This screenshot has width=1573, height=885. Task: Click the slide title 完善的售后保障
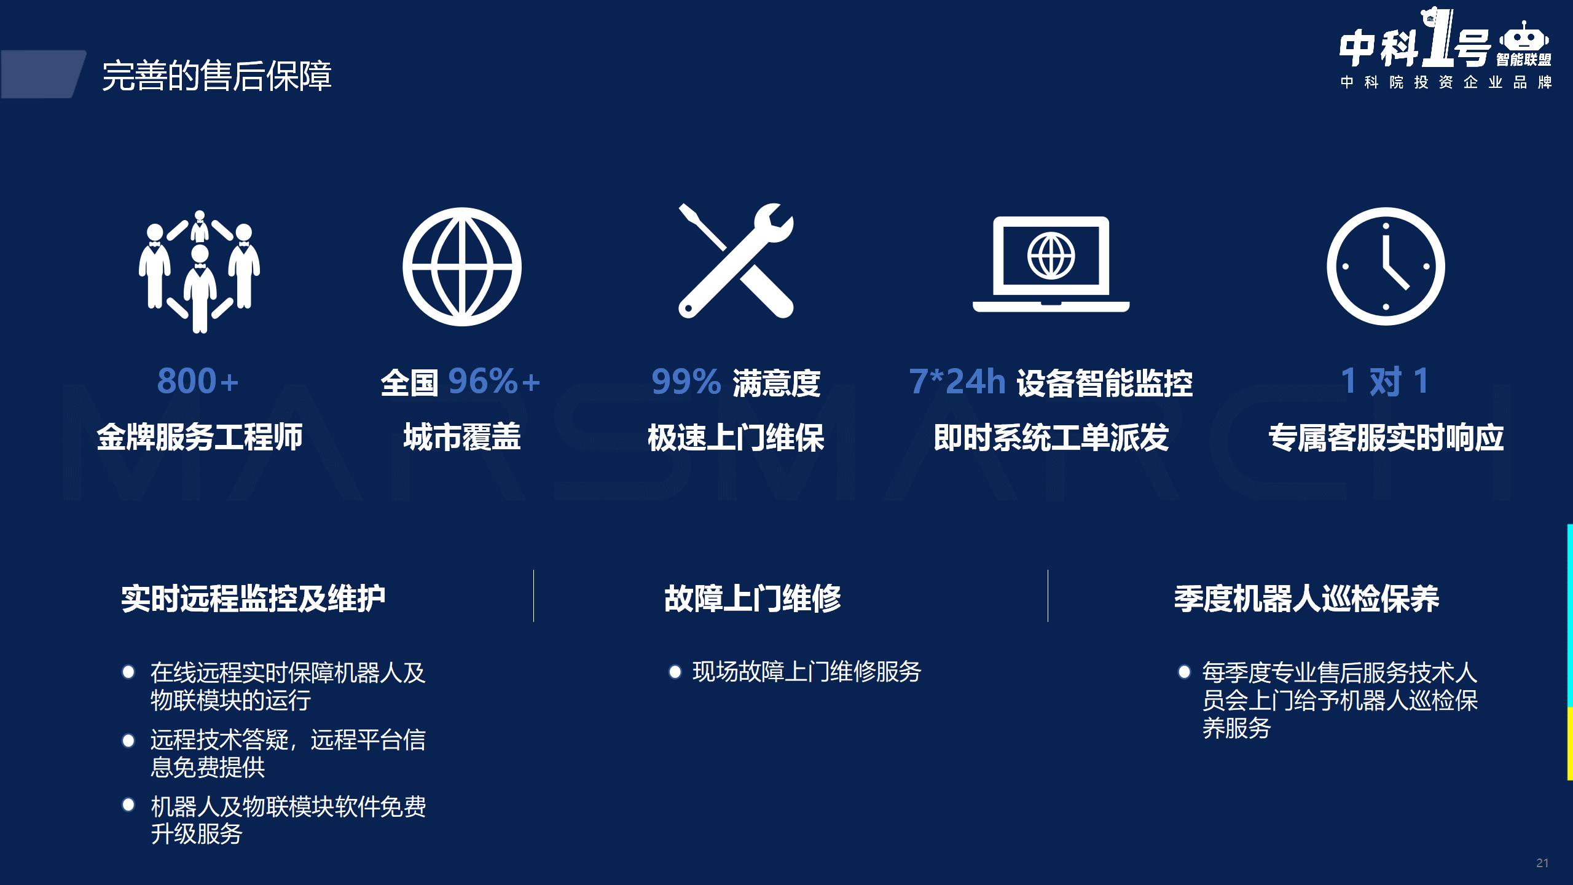[217, 76]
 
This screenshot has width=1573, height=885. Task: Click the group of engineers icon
[199, 271]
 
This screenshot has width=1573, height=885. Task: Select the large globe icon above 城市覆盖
[462, 267]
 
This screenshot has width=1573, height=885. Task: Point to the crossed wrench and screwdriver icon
[736, 261]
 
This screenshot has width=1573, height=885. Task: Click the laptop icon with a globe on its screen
[1051, 264]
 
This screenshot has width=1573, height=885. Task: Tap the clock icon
[1386, 266]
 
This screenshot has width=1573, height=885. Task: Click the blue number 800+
[198, 381]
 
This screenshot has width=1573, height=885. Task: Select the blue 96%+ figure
[494, 381]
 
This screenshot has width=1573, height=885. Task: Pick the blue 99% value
[686, 382]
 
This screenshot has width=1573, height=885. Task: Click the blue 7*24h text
[957, 381]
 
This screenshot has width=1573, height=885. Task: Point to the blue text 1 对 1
[1385, 381]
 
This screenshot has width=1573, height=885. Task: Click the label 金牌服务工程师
[200, 437]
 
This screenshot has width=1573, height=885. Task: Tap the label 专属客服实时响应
[1386, 438]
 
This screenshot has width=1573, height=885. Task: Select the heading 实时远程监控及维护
[253, 599]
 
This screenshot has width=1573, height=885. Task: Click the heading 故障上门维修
[753, 599]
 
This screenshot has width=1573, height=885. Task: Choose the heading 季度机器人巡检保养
[1307, 599]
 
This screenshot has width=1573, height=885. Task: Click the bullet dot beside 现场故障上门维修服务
[675, 672]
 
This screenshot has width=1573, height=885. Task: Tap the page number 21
[1542, 863]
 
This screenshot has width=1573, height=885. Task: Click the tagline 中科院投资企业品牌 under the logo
[1446, 82]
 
